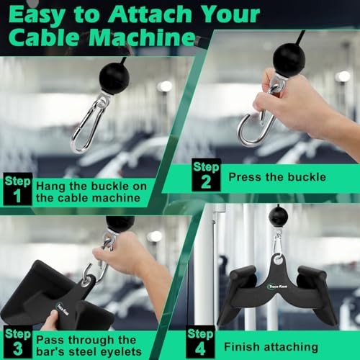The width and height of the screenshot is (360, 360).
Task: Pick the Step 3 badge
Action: click(x=17, y=341)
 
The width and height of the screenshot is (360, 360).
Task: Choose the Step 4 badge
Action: click(x=201, y=341)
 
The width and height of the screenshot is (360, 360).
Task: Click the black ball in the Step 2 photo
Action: click(x=289, y=60)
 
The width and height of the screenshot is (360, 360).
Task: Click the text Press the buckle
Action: click(x=277, y=176)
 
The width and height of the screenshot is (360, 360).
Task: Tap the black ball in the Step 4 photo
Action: click(x=278, y=215)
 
